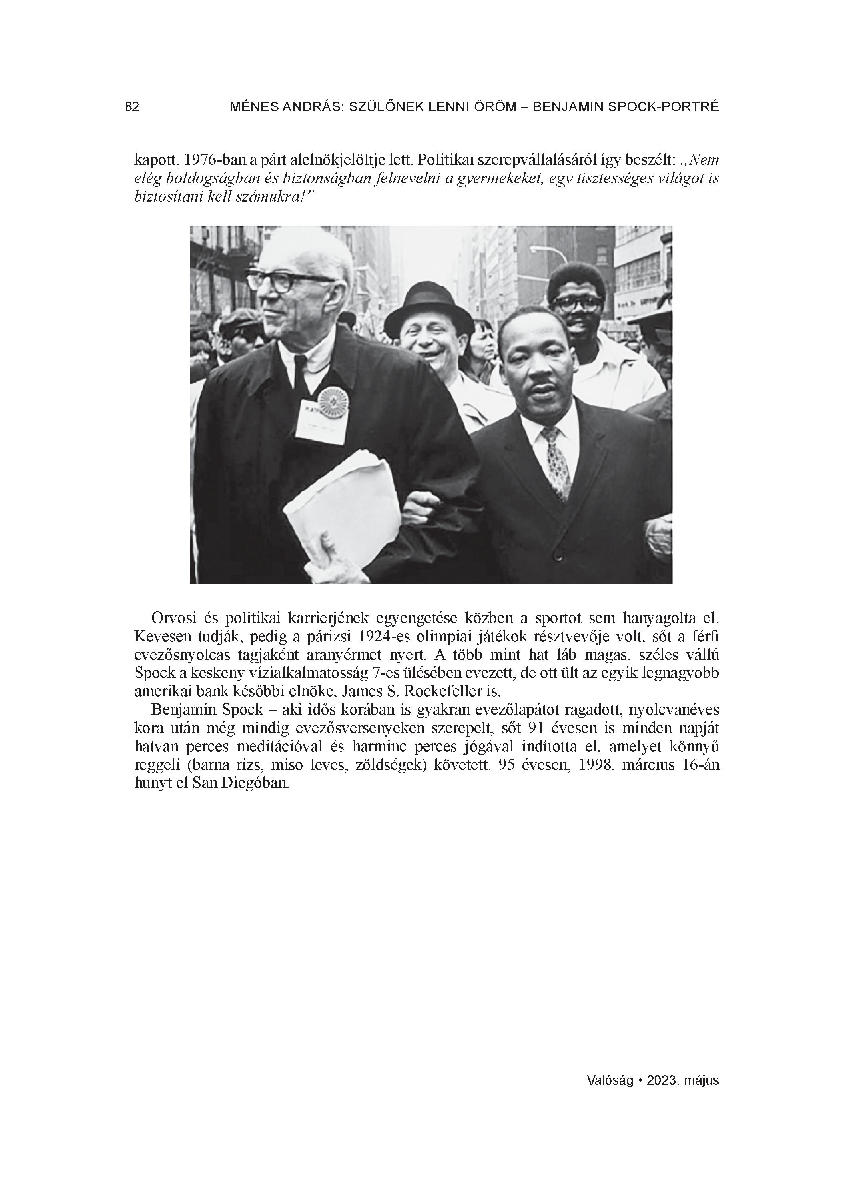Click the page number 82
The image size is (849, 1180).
pyautogui.click(x=132, y=107)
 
